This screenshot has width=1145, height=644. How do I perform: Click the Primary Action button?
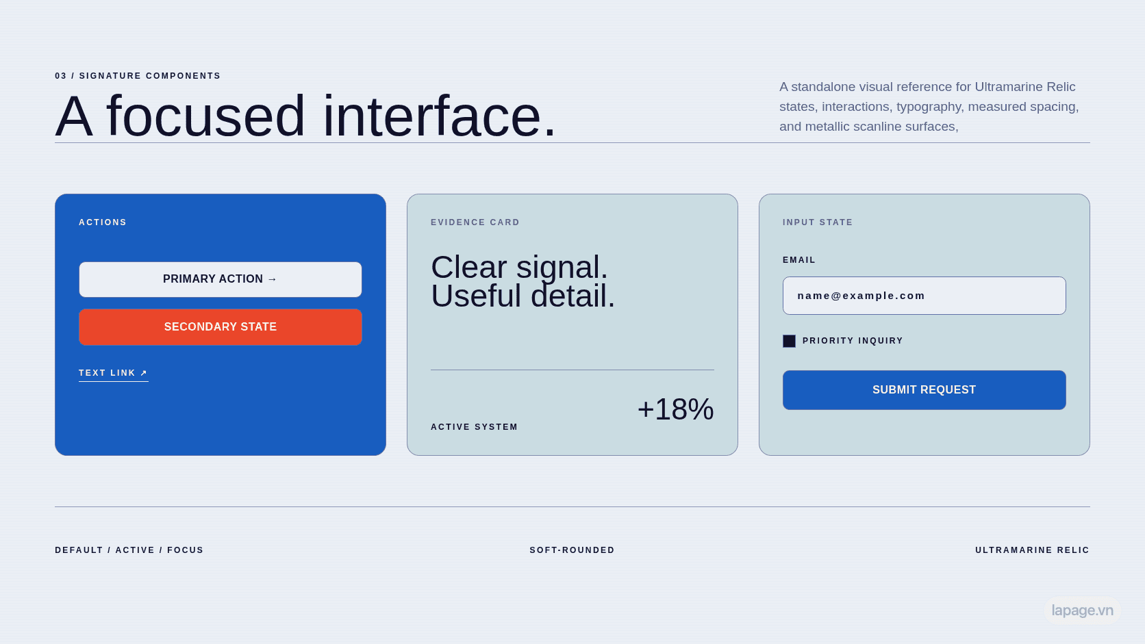221,279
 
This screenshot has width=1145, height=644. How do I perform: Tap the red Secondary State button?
221,327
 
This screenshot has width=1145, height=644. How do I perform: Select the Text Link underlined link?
114,373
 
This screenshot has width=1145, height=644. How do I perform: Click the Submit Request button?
924,389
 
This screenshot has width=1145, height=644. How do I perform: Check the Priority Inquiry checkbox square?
789,341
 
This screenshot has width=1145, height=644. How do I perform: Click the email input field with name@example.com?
924,296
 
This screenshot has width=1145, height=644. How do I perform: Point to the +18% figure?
675,409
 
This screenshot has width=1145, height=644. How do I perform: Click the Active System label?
475,427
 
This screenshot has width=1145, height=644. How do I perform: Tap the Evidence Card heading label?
475,222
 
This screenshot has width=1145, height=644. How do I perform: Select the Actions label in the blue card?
103,222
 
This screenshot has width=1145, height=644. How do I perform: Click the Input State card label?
818,222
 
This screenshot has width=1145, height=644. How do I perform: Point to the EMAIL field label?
799,260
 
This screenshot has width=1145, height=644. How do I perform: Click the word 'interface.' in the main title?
440,116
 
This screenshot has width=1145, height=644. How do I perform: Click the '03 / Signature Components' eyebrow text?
138,75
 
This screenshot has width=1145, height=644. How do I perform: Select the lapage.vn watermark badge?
1082,610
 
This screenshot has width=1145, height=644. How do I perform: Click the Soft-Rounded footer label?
572,550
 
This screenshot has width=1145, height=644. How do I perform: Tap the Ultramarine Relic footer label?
1032,550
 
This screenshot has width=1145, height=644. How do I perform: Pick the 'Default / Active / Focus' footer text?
129,550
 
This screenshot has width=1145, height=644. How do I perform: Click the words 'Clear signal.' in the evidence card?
519,267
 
